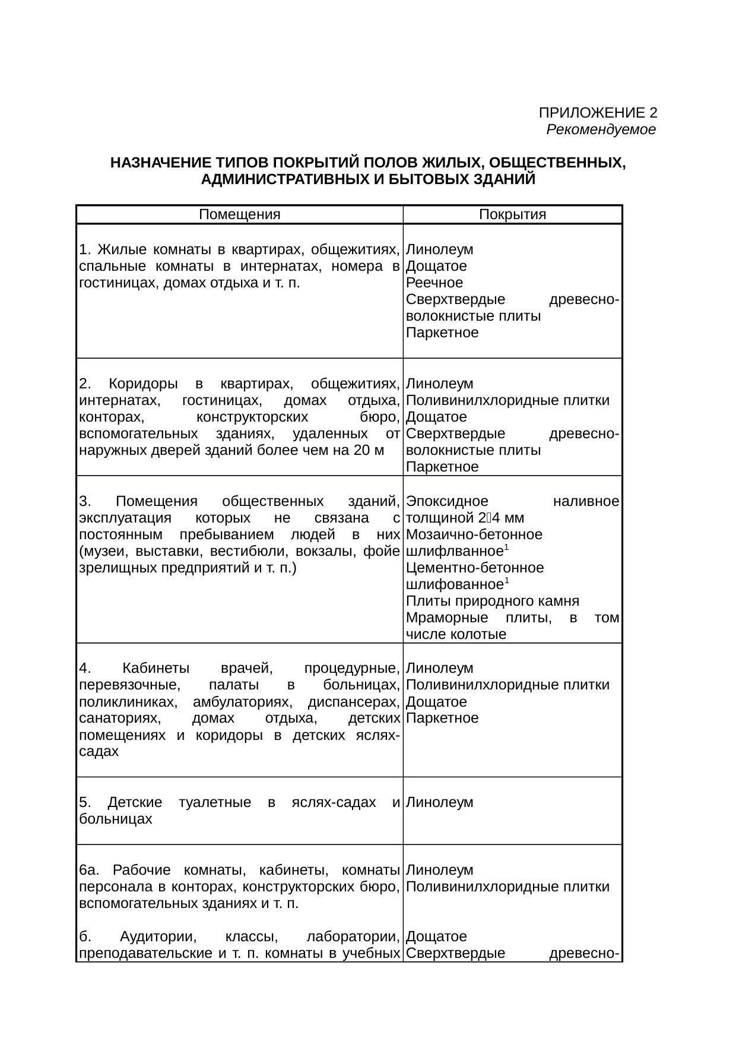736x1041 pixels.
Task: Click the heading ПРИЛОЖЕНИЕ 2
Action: click(597, 113)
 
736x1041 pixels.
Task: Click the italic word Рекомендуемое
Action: click(601, 129)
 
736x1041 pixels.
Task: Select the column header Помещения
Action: click(239, 214)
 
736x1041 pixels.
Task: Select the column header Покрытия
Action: click(512, 214)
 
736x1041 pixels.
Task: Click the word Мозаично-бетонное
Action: click(474, 534)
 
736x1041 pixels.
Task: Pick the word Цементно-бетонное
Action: click(475, 568)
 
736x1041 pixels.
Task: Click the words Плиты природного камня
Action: click(493, 601)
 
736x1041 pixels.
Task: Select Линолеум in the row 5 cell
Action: click(440, 803)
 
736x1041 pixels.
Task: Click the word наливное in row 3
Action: click(586, 501)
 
